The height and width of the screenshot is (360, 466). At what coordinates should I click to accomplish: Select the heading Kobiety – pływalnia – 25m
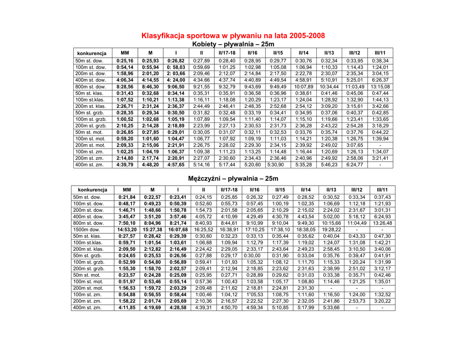tap(233, 44)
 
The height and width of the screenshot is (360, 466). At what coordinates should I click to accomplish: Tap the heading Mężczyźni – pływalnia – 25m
tap(233, 178)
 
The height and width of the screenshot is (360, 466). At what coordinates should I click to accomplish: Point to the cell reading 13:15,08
tap(380, 86)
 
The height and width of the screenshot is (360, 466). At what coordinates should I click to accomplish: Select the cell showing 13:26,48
tap(382, 223)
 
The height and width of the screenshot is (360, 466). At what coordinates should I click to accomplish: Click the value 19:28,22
tap(331, 229)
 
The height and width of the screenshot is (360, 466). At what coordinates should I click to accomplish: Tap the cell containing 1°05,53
tap(254, 294)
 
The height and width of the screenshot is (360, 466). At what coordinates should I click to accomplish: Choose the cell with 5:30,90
tap(275, 165)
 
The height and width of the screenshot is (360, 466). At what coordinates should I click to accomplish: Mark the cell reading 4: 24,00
tap(176, 80)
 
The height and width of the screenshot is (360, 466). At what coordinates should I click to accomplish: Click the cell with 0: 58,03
tap(176, 67)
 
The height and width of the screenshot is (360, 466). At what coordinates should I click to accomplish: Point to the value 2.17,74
tap(150, 158)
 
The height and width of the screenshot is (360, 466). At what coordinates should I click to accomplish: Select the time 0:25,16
tap(125, 61)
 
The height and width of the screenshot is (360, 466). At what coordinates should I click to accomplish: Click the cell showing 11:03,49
tap(355, 86)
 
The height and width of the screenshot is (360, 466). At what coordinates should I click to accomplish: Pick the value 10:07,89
tap(304, 86)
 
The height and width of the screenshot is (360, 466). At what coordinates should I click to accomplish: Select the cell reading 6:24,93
tap(382, 217)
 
